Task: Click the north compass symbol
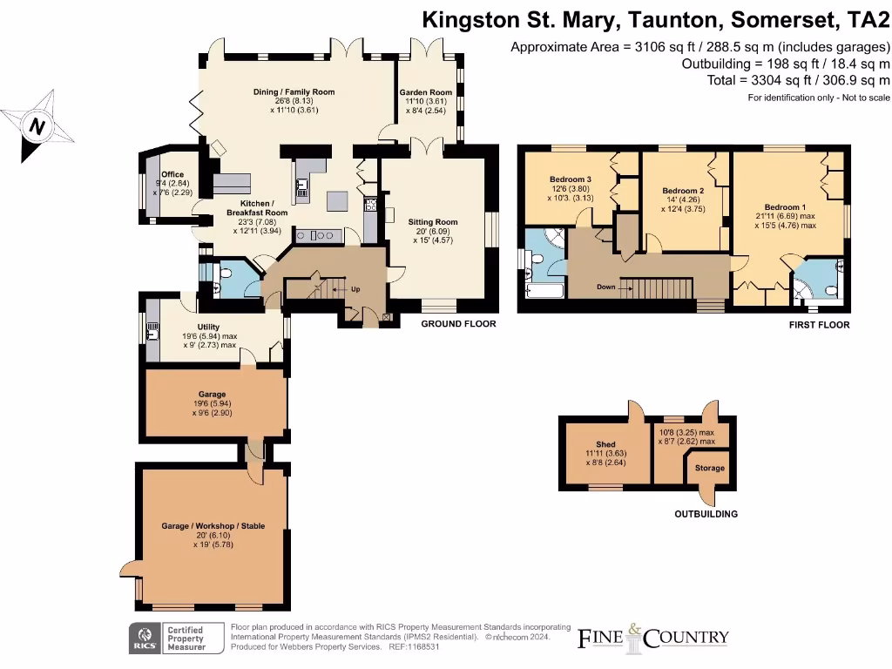coord(37,127)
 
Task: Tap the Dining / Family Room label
coord(294,91)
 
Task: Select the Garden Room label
coord(426,91)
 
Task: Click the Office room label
coord(172,174)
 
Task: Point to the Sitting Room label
coord(433,222)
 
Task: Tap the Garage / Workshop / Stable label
coord(213,526)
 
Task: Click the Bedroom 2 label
coord(683,190)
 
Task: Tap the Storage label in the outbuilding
coord(709,468)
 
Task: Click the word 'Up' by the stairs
coord(355,289)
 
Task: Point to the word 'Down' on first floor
coord(607,287)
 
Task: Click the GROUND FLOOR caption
coord(458,324)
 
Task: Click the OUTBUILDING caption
coord(706,514)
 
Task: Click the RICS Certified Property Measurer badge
coord(169,638)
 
